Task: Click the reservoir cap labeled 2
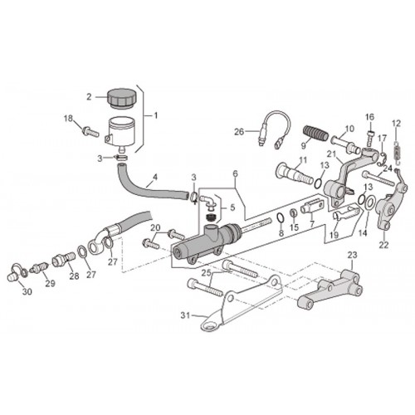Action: (x=122, y=98)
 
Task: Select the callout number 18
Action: (x=68, y=119)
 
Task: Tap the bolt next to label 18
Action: (x=90, y=131)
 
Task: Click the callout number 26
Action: (x=239, y=132)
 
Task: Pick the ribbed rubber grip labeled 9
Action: (x=316, y=134)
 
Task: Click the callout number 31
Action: (x=186, y=315)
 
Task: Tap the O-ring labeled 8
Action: (x=281, y=217)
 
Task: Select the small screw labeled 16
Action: (x=371, y=138)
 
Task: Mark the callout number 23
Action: (x=353, y=255)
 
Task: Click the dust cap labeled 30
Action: (x=16, y=272)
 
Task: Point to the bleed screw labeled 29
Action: (x=40, y=268)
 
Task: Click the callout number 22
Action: (x=383, y=245)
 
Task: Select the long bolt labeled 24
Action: (x=378, y=178)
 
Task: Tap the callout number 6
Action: (x=235, y=173)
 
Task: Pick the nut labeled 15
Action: (x=294, y=214)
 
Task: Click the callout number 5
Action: (x=232, y=207)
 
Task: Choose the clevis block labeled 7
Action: (x=312, y=208)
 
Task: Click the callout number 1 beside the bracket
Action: (x=156, y=115)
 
